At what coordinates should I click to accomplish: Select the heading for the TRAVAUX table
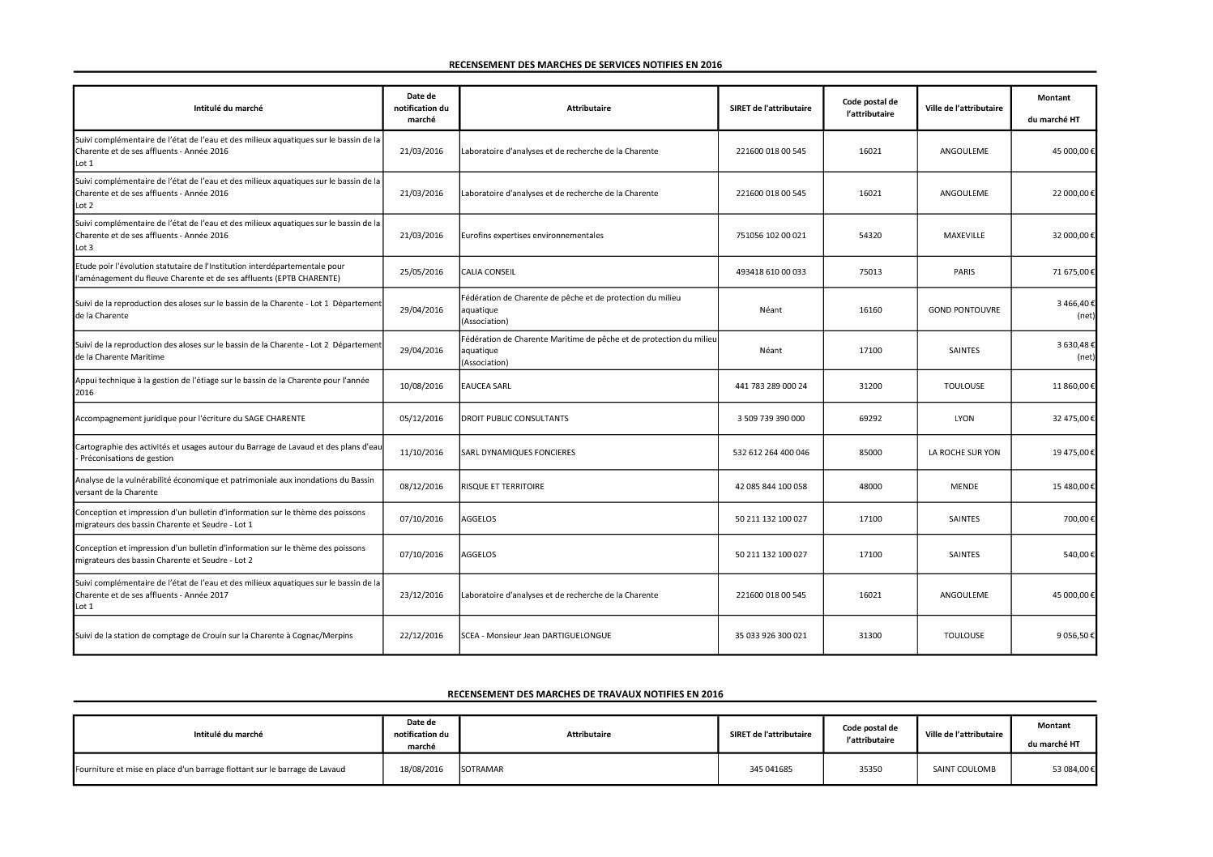pyautogui.click(x=584, y=694)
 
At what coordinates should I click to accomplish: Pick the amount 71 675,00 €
pyautogui.click(x=1073, y=272)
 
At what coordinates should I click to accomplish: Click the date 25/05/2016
pyautogui.click(x=421, y=272)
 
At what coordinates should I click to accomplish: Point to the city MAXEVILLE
pyautogui.click(x=963, y=236)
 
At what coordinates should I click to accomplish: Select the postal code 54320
pyautogui.click(x=870, y=236)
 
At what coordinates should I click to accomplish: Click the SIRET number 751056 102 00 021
pyautogui.click(x=771, y=236)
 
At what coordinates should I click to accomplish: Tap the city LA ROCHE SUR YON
pyautogui.click(x=963, y=453)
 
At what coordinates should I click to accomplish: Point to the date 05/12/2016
pyautogui.click(x=421, y=419)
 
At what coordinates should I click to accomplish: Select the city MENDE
pyautogui.click(x=963, y=487)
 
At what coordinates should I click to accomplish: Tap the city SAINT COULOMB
pyautogui.click(x=963, y=770)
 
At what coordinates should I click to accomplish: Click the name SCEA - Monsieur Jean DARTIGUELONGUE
pyautogui.click(x=536, y=636)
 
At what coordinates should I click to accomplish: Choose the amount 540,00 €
pyautogui.click(x=1078, y=555)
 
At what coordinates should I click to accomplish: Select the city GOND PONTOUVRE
pyautogui.click(x=963, y=310)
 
